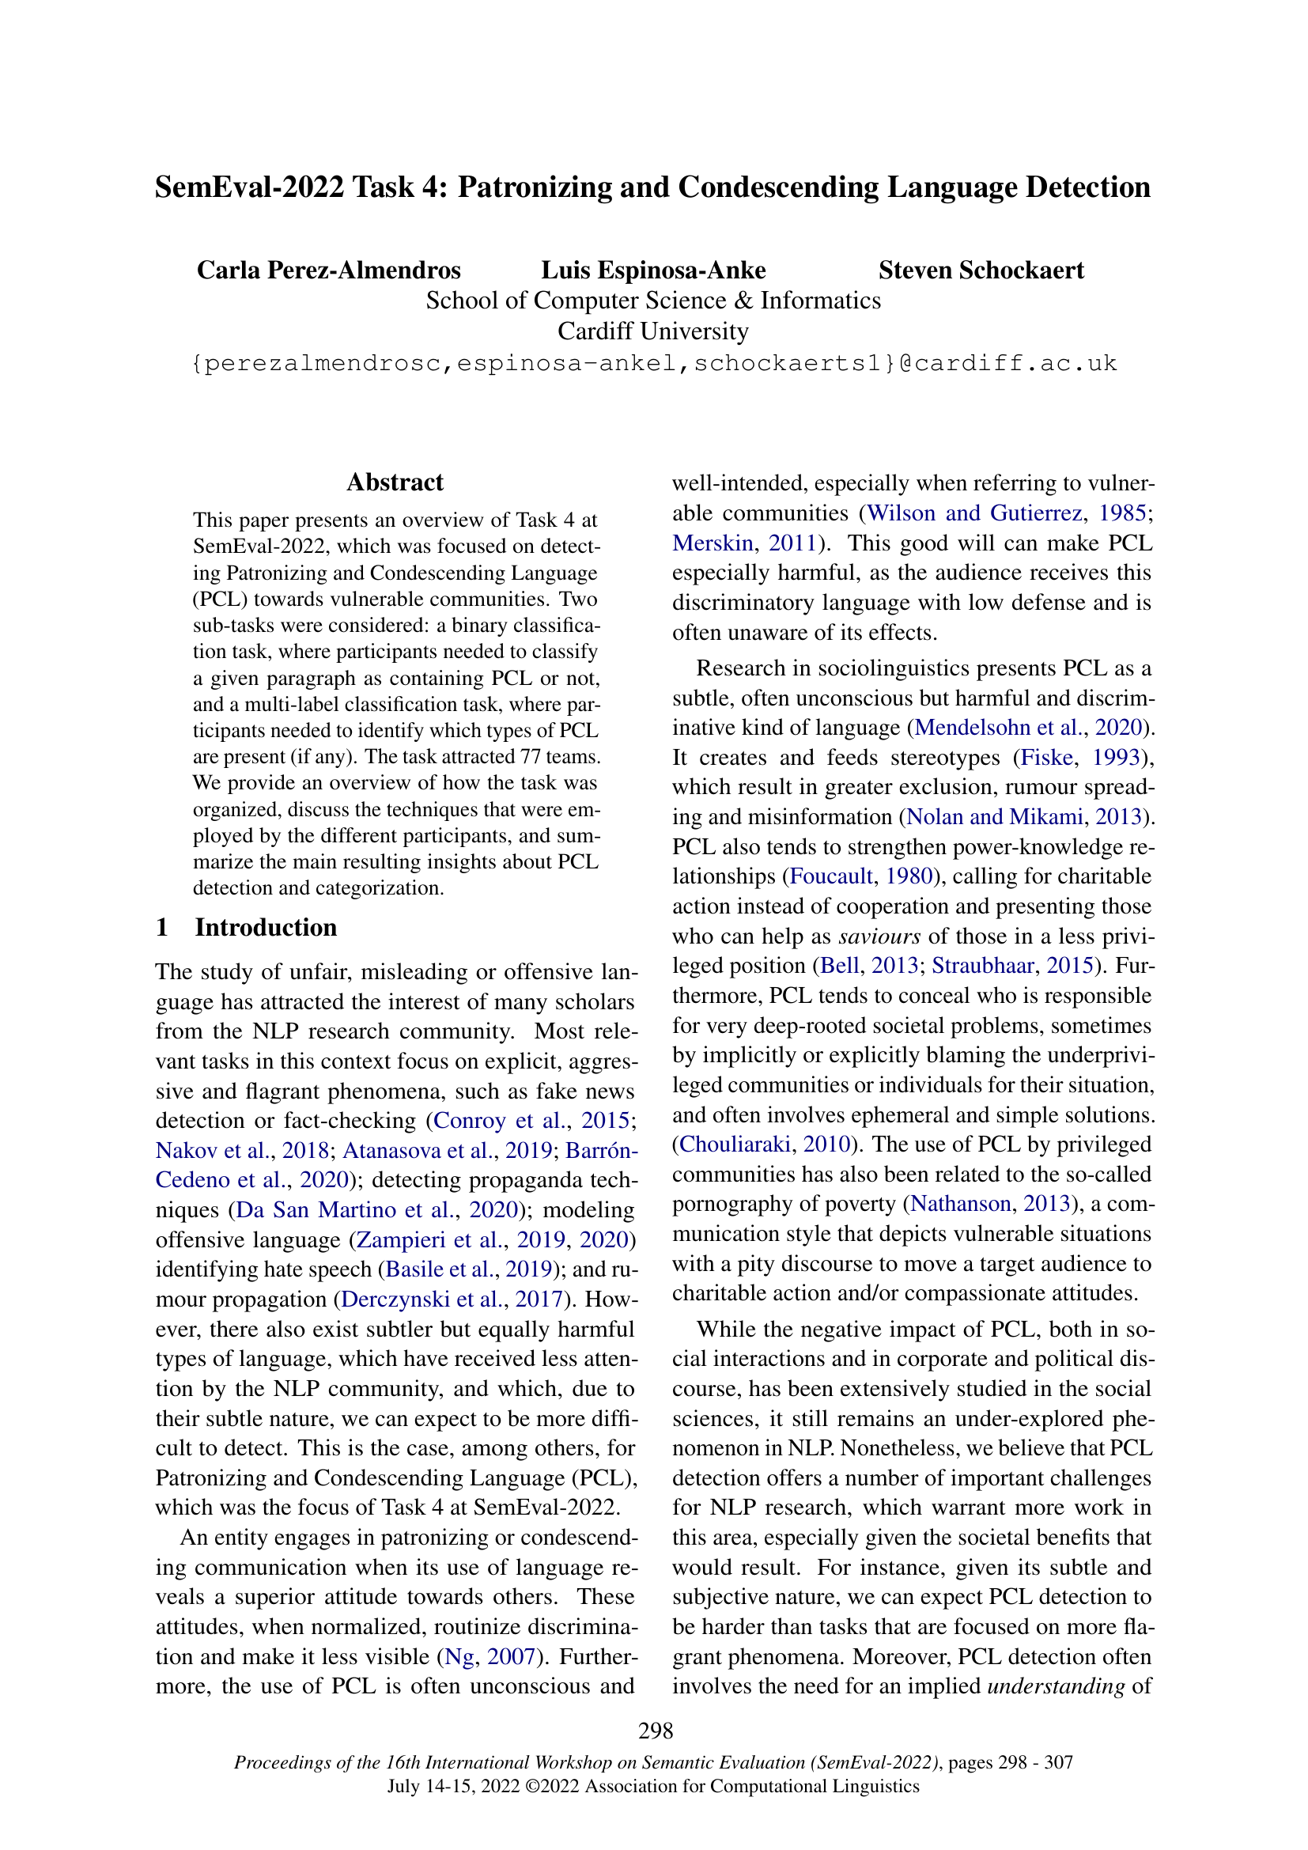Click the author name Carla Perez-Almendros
329,270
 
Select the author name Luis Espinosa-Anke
653,270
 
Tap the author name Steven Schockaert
981,270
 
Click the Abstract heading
395,482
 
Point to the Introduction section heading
265,928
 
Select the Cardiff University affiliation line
653,331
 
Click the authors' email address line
654,363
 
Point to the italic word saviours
879,936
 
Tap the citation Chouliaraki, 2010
766,1144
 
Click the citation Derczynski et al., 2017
452,1299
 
